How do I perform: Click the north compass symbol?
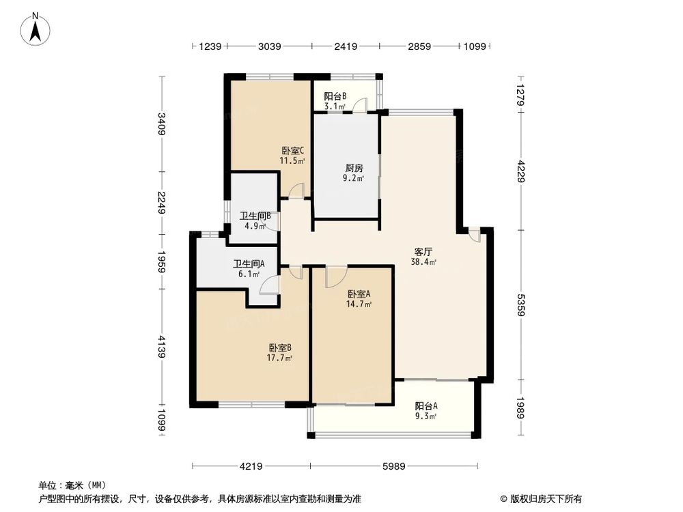(x=35, y=30)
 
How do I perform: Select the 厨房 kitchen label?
(x=353, y=168)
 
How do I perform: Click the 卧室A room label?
(x=359, y=294)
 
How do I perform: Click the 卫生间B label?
(x=255, y=216)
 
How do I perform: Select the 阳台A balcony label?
(x=426, y=405)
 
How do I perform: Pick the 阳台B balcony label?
(x=335, y=96)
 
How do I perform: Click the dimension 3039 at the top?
(x=269, y=46)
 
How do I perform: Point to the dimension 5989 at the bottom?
(x=394, y=467)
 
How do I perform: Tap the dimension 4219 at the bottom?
(x=251, y=467)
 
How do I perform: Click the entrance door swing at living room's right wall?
(x=474, y=236)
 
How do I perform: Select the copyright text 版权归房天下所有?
(x=544, y=498)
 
